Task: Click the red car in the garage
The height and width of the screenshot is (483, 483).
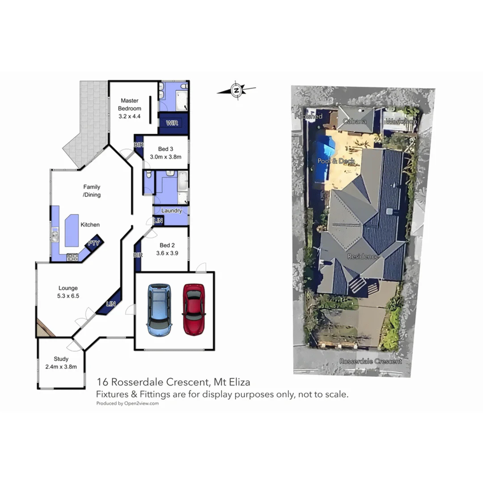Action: [x=193, y=309]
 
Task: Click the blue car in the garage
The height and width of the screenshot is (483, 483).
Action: [x=159, y=309]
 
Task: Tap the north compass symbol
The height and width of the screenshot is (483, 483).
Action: [x=237, y=90]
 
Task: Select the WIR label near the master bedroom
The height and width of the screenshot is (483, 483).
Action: [x=173, y=122]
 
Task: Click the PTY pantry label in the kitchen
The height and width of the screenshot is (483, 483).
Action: [x=93, y=243]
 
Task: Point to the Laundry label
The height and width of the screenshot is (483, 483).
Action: [x=171, y=211]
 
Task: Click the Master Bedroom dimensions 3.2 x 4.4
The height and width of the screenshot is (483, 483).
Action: [x=129, y=116]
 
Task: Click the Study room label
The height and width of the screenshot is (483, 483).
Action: [x=61, y=359]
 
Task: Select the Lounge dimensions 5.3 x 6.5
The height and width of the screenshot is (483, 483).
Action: [x=68, y=296]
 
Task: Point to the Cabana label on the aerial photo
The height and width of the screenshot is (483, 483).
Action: [x=355, y=121]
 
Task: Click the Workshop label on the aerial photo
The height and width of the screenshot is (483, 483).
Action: [x=401, y=122]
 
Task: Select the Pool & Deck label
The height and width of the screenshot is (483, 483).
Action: [x=336, y=161]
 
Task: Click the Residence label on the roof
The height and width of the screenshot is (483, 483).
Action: [x=363, y=257]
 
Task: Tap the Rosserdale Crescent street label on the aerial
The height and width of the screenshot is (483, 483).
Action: [x=370, y=361]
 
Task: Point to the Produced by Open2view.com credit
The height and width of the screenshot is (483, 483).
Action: [x=127, y=403]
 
